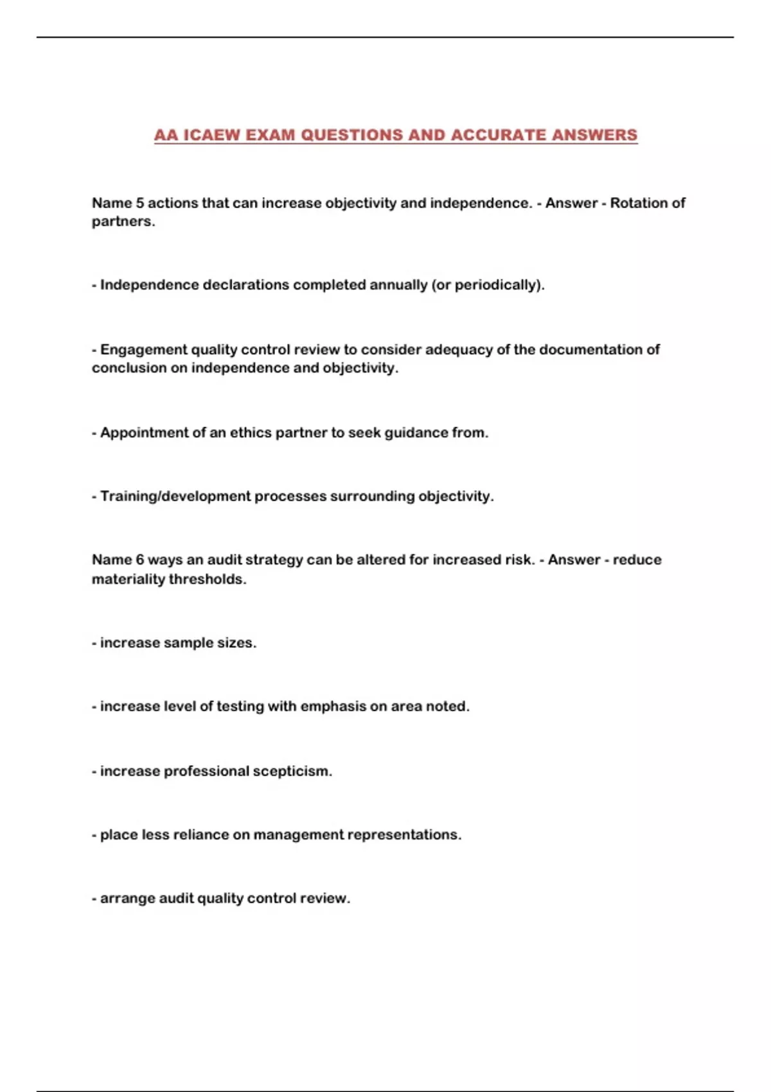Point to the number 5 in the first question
139,203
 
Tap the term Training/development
175,496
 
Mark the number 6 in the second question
139,559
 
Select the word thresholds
208,579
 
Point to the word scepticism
292,771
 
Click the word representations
404,834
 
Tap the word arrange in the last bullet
127,898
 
